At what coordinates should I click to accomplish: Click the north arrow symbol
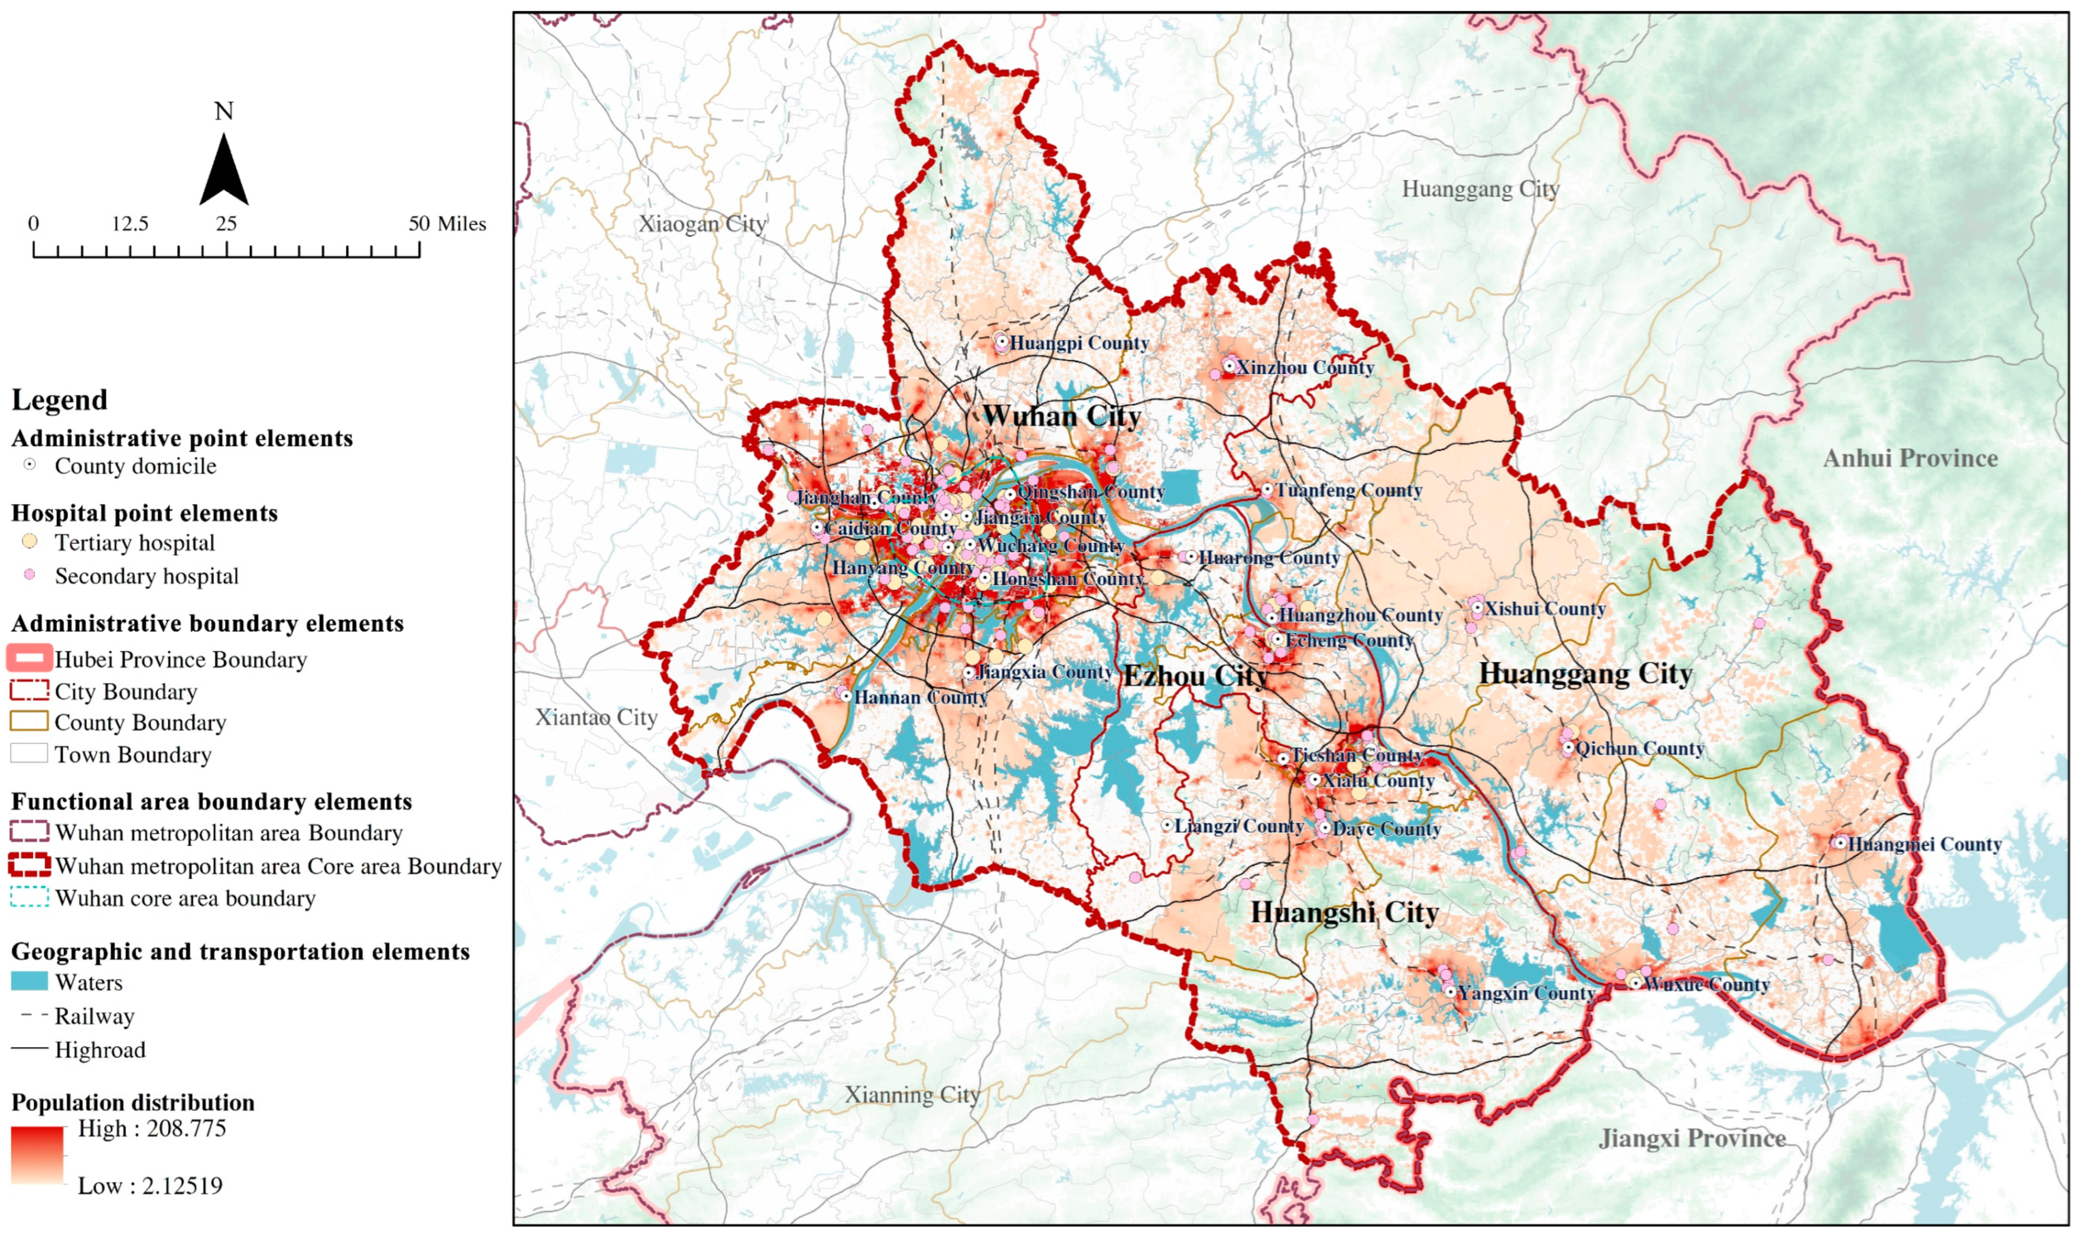(x=224, y=171)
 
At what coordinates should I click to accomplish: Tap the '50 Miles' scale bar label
(x=447, y=224)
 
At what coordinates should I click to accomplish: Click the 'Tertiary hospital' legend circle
(x=29, y=542)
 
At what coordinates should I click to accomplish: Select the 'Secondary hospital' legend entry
(x=146, y=576)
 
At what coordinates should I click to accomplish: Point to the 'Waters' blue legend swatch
(x=29, y=982)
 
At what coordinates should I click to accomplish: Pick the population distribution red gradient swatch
(x=38, y=1156)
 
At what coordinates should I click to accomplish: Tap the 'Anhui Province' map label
(x=1910, y=458)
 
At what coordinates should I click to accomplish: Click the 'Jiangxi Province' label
(x=1692, y=1139)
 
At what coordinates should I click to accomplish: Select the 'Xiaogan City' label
(x=701, y=224)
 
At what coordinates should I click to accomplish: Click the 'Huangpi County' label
(x=1078, y=343)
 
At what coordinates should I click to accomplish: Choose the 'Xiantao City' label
(x=596, y=717)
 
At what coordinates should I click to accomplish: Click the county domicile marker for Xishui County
(x=1477, y=609)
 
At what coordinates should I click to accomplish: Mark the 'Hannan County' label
(x=920, y=697)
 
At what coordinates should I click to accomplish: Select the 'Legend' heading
(x=59, y=400)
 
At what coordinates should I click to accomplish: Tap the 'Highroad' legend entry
(x=99, y=1049)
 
